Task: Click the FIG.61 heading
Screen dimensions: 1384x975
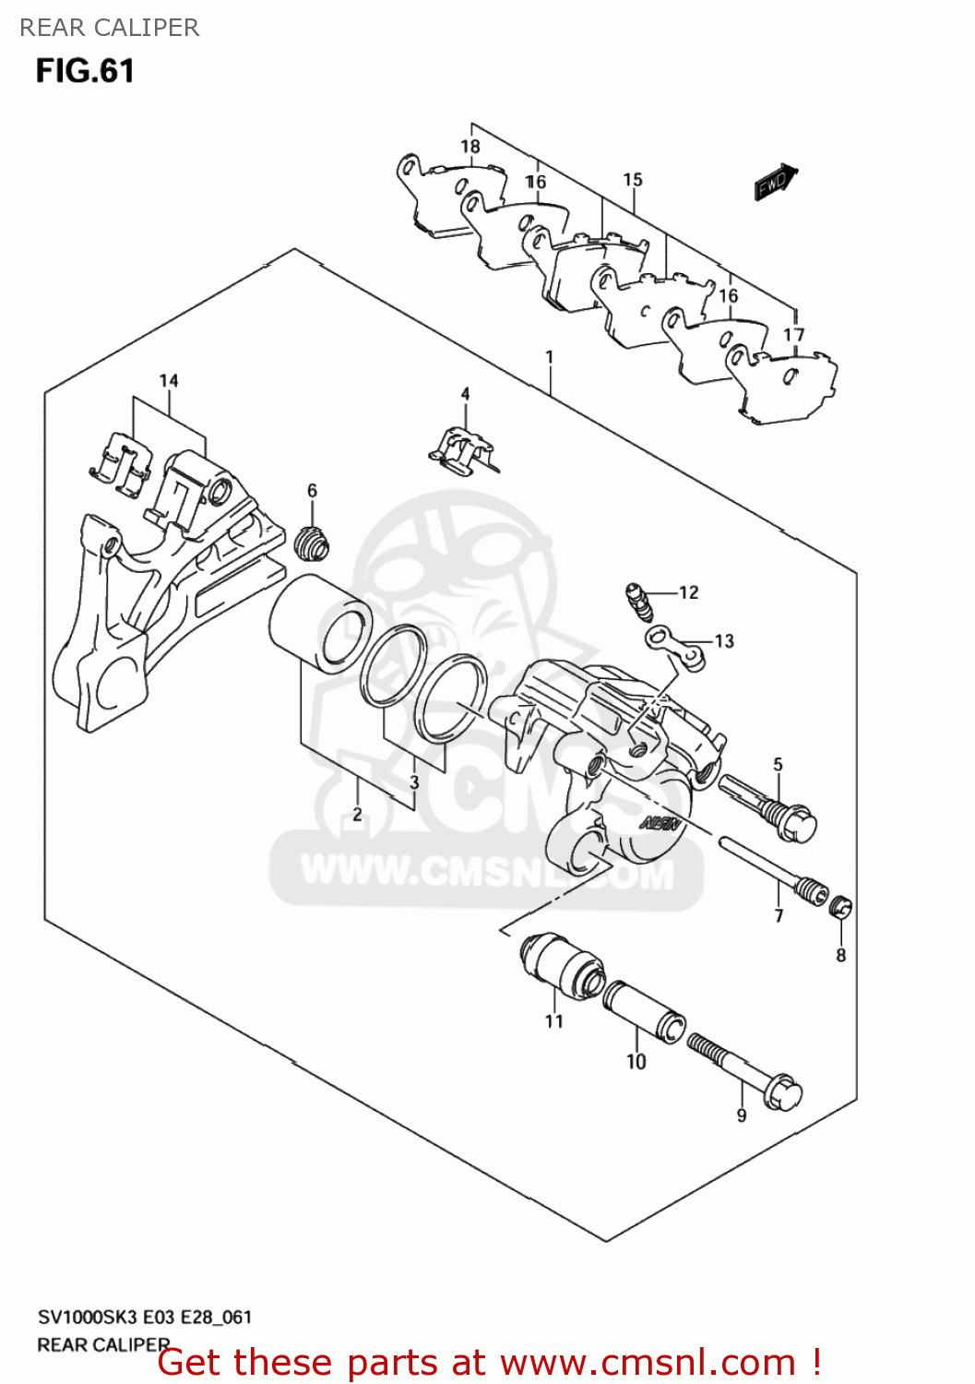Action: [85, 71]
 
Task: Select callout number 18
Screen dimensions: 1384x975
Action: [470, 146]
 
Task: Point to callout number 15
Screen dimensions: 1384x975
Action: [633, 179]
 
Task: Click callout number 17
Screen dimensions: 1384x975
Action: [794, 334]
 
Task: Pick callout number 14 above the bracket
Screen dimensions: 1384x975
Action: [169, 380]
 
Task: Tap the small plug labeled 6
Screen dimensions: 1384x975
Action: [313, 543]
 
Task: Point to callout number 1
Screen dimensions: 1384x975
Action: [550, 356]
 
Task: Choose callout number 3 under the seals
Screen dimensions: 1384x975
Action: [414, 781]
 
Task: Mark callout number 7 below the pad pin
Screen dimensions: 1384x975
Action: [779, 915]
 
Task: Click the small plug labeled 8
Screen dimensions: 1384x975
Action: [840, 908]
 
